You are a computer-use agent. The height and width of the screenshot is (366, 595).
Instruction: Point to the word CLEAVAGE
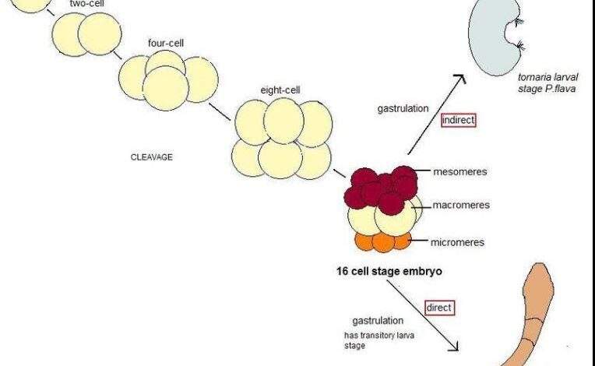(151, 157)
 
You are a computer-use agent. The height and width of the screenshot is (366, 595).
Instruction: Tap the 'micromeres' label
(458, 242)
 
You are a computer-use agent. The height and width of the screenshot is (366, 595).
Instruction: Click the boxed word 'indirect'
(458, 121)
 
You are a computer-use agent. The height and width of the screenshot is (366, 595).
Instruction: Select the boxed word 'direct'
(438, 308)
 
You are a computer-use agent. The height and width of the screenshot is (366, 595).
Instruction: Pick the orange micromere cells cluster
(382, 241)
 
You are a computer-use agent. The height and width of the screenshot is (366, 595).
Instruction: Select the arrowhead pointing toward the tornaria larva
(460, 79)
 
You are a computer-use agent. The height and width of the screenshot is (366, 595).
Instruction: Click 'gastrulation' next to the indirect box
(403, 109)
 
